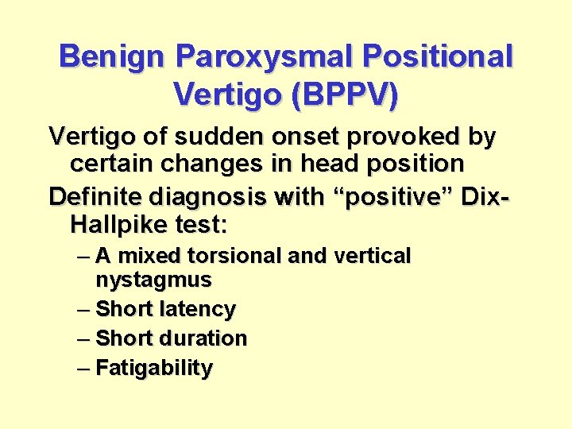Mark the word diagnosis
click(x=207, y=195)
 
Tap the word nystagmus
click(x=153, y=280)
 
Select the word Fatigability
click(x=154, y=369)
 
